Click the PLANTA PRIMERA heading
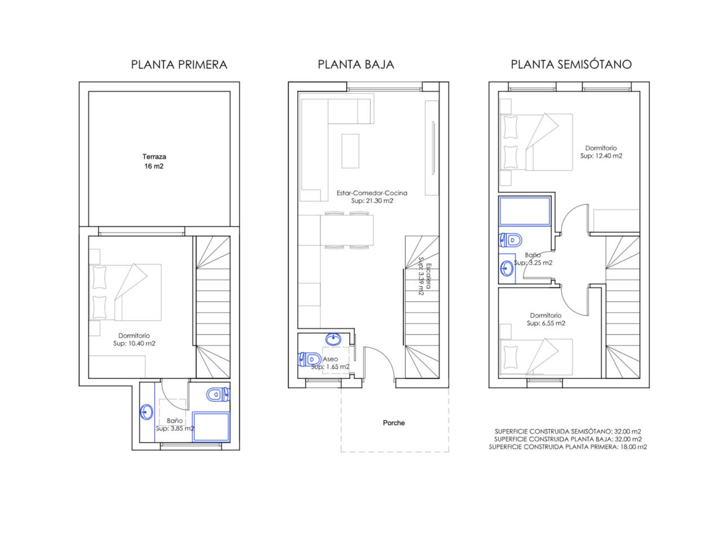coord(179,64)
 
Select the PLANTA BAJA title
coord(355,64)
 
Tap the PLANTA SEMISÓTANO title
coord(571,64)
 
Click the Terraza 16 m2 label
coord(154,161)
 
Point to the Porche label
coord(394,423)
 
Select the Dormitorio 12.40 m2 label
coord(601,152)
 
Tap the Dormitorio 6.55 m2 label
coord(545,319)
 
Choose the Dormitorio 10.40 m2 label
coord(134,339)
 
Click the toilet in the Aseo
coord(309,359)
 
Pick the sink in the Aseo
coord(333,339)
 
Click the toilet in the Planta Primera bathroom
coord(218,394)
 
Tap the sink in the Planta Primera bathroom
coord(147,412)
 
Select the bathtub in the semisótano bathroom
coord(525,212)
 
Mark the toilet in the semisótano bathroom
coord(510,241)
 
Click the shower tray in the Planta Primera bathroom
coord(211,427)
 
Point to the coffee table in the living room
coord(350,151)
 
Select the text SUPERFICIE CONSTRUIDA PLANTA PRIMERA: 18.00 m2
coord(568,447)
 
